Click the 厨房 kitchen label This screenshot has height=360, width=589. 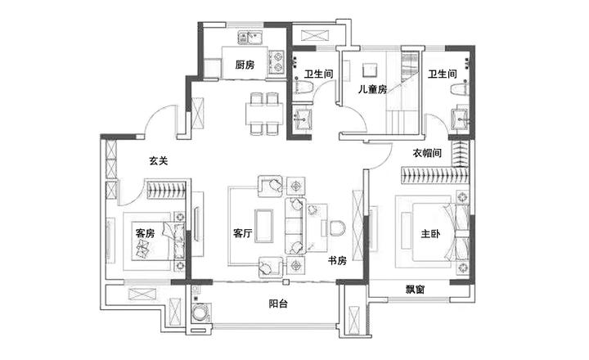245,65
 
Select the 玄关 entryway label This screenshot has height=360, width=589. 158,161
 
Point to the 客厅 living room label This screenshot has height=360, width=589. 242,233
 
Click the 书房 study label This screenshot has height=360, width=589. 337,260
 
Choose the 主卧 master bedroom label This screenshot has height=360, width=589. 430,234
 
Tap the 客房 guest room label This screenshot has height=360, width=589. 145,233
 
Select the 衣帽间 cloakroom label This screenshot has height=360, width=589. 427,153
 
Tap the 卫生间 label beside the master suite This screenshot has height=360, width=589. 442,74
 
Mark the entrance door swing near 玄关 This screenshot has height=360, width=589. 160,123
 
